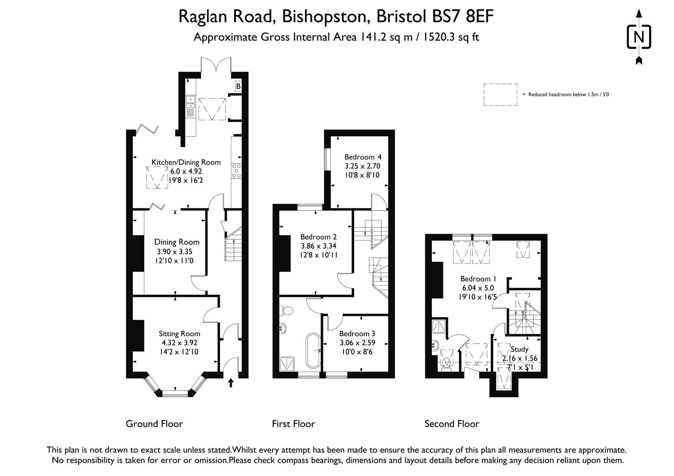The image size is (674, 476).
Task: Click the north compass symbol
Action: pos(639,37)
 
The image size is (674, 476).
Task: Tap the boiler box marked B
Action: pos(238,86)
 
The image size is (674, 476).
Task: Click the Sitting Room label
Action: pos(179,334)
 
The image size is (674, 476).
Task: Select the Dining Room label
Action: pos(177,242)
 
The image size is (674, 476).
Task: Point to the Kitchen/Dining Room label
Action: pos(186,162)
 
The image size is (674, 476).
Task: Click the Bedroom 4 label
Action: pos(363,157)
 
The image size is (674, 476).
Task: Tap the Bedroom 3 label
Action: pos(357,334)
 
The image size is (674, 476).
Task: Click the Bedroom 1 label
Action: pos(478,279)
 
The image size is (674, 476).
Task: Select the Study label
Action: pos(520,349)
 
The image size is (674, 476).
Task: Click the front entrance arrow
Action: pos(231,382)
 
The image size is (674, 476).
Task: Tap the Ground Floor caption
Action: pos(154,424)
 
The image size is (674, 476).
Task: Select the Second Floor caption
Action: pos(452,424)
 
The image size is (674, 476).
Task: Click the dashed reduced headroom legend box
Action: pos(500,95)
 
